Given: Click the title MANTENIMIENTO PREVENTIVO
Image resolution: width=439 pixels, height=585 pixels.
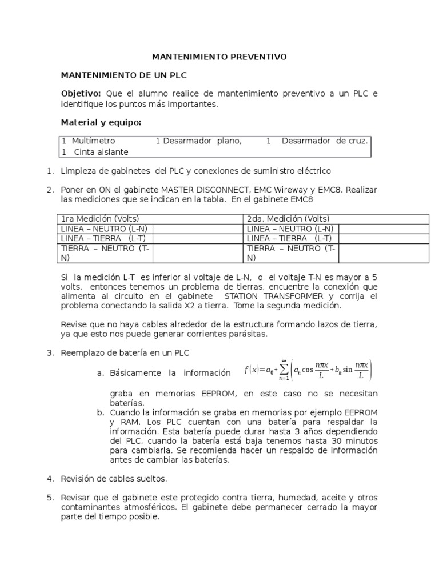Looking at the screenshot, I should point(219,57).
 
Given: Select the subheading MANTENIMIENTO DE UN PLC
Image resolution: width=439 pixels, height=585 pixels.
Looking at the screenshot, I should point(124,75).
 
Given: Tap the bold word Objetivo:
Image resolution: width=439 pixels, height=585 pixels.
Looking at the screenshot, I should point(81,94).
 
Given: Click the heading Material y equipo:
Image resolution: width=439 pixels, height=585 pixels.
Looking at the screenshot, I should point(101,123).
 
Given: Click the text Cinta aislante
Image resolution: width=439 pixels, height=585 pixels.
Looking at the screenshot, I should point(101,151).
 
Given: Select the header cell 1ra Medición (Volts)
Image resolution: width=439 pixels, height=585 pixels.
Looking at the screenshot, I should point(100,219).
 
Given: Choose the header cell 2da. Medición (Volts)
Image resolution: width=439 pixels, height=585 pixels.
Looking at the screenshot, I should point(288,219).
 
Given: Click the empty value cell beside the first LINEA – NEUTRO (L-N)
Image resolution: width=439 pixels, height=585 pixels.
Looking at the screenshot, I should point(198,229).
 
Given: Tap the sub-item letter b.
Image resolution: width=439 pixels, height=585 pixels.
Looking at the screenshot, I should point(101,412).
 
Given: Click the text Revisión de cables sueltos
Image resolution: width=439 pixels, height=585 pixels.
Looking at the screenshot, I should point(114,478).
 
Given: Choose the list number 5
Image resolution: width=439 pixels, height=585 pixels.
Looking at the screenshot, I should point(50,497).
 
